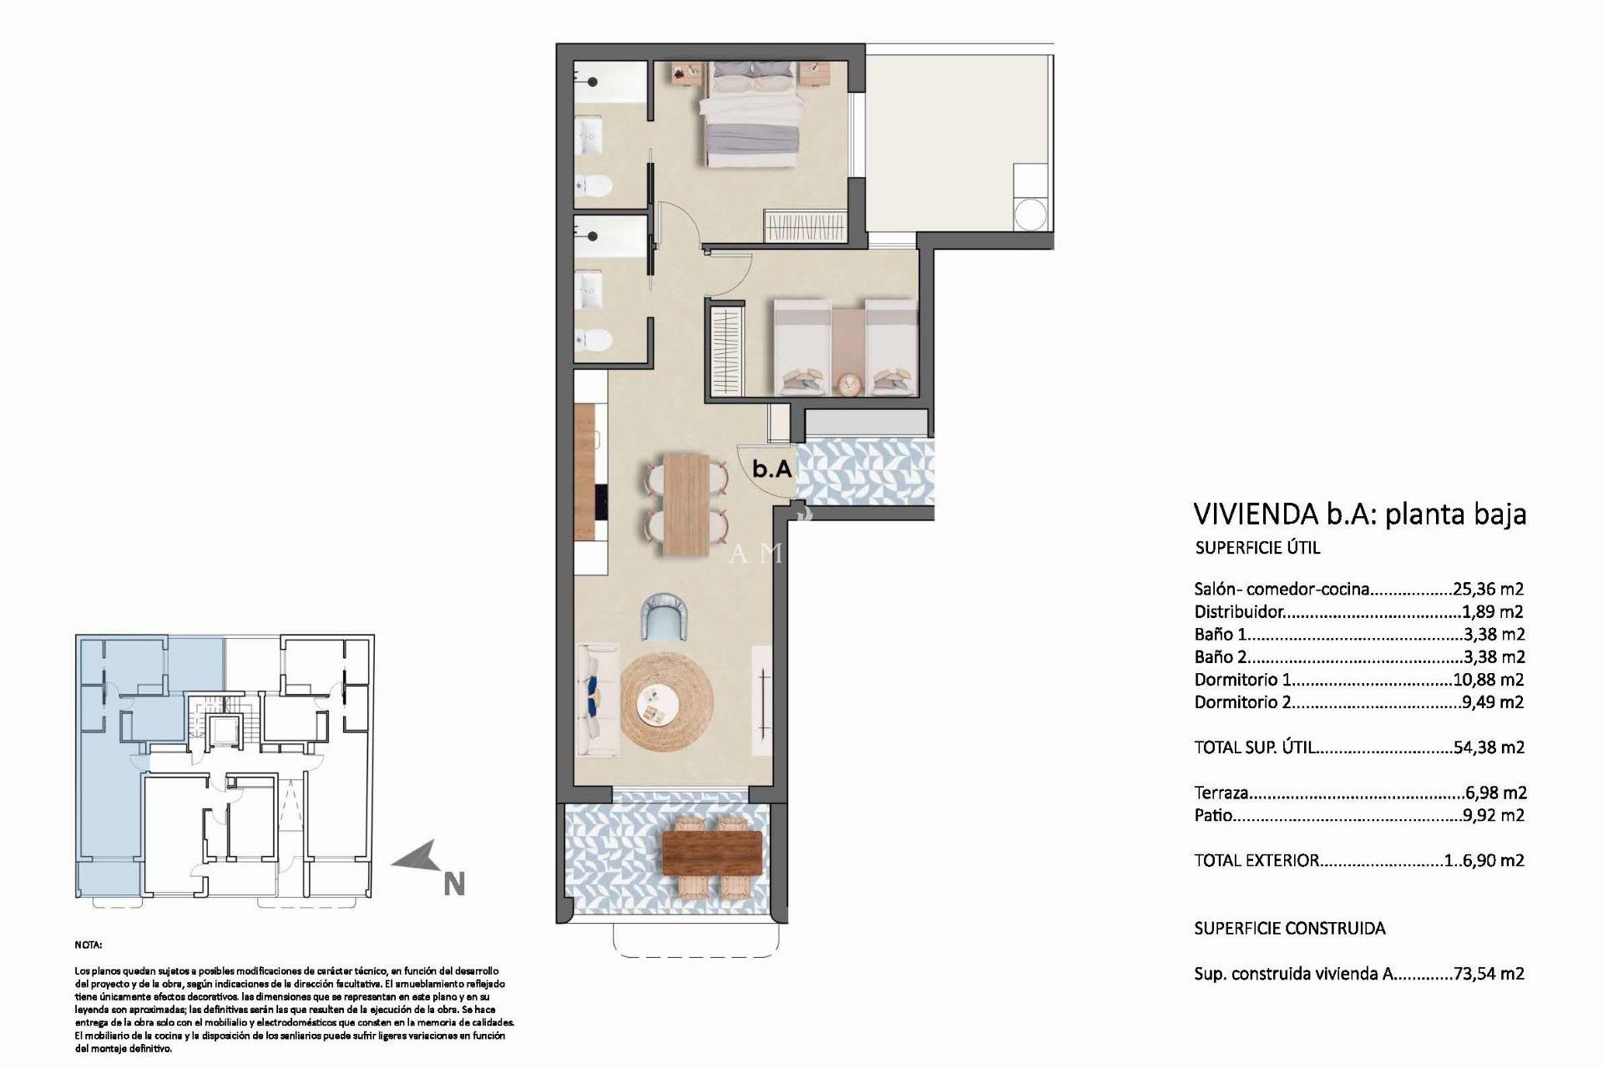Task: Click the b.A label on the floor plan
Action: tap(771, 469)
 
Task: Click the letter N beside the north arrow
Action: tap(453, 884)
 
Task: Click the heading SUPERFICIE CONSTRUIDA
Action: tap(1289, 928)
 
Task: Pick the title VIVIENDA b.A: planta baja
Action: tap(1359, 514)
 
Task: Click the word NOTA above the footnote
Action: tap(88, 946)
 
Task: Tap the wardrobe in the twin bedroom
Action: tap(726, 349)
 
